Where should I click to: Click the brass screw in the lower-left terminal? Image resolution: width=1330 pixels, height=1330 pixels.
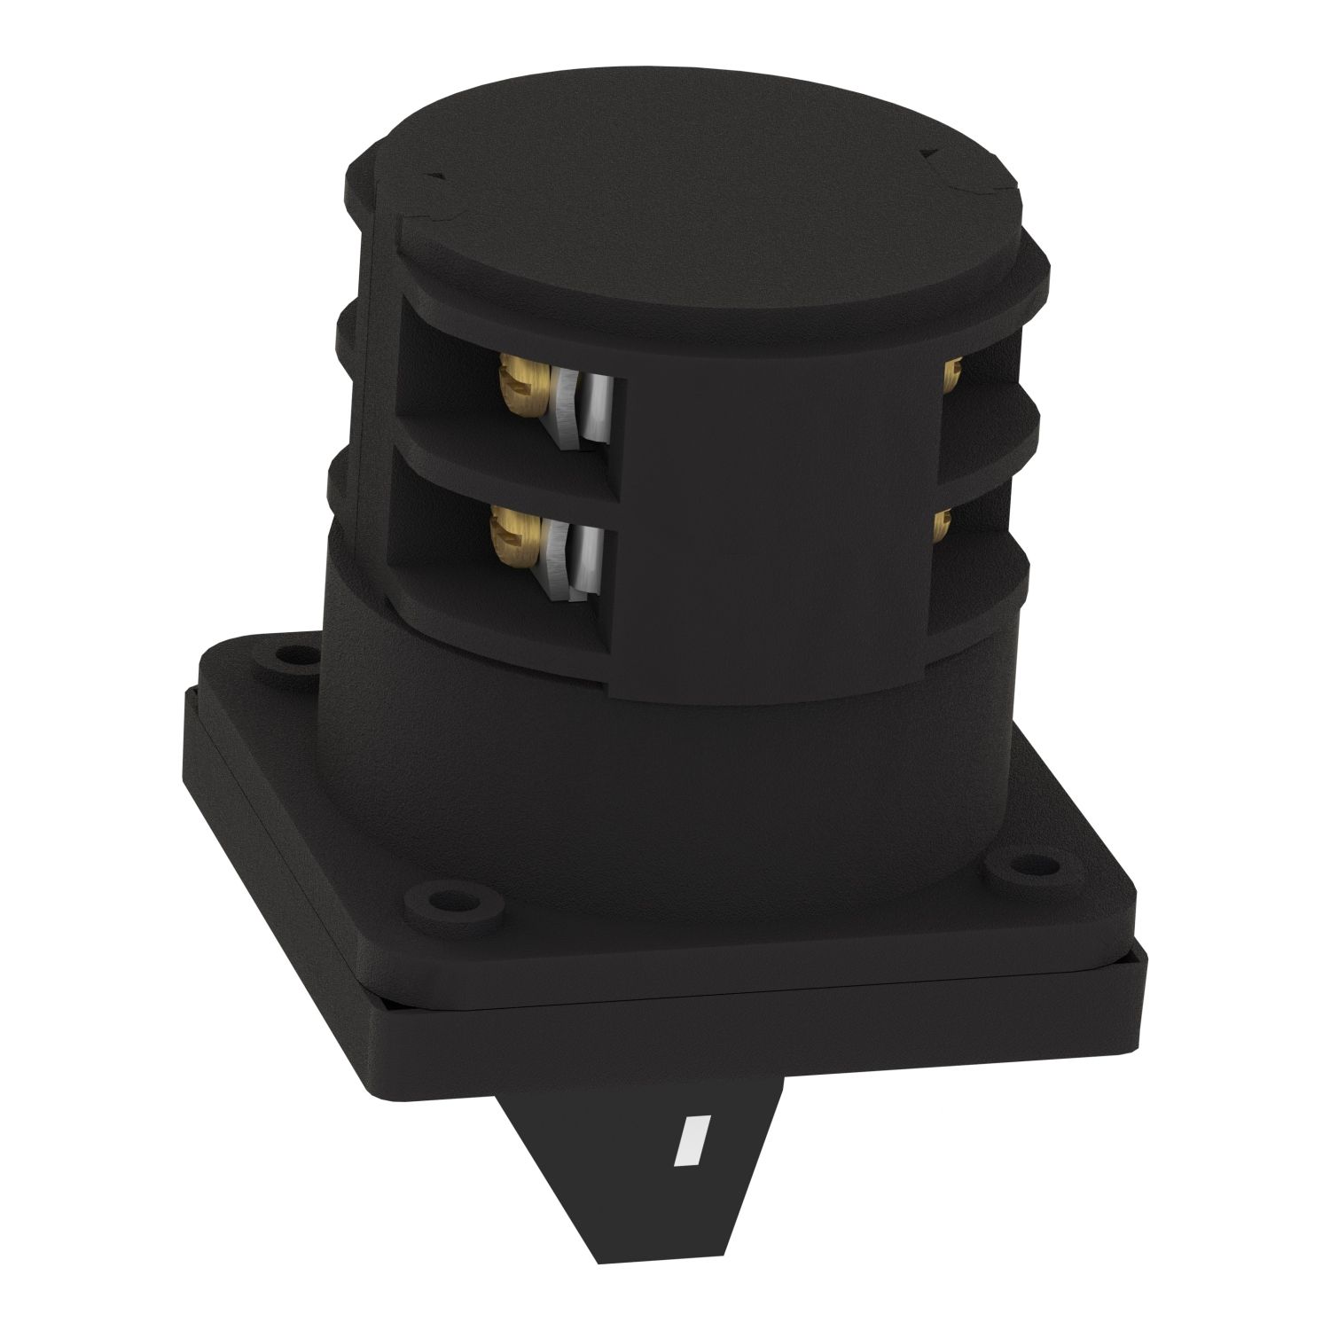coord(512,538)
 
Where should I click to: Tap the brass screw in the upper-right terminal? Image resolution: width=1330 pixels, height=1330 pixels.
coord(953,375)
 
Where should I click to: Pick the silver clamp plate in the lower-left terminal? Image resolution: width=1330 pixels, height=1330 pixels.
coord(585,559)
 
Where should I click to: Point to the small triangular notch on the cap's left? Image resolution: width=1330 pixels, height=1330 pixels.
coord(434,178)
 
